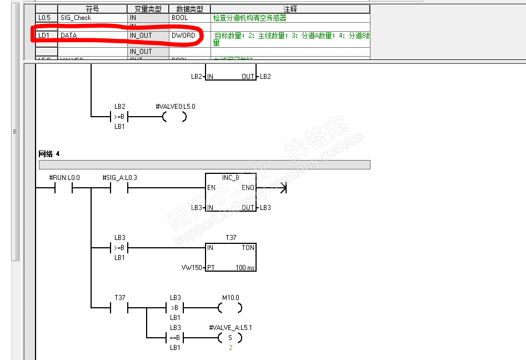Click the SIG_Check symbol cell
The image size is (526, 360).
coord(76,18)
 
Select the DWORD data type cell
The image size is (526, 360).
coord(183,36)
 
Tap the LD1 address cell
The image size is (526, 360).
coord(43,36)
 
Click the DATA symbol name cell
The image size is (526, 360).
coord(69,36)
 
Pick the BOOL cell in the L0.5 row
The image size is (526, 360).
coord(179,18)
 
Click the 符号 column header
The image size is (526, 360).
coord(92,9)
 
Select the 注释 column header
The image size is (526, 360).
coord(290,9)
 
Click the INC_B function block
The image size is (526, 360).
coord(230,193)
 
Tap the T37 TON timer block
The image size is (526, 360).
coord(231,257)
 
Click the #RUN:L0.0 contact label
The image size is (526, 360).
coord(64,178)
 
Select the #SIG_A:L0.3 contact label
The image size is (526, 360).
coord(119,178)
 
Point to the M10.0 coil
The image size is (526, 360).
coord(230,307)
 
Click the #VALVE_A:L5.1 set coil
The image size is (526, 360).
coord(230,337)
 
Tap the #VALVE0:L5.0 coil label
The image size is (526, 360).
coord(176,106)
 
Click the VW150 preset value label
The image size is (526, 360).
coord(191,268)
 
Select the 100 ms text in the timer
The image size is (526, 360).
coord(244,268)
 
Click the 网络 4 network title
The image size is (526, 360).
coord(49,153)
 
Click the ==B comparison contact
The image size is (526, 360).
coord(175,337)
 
